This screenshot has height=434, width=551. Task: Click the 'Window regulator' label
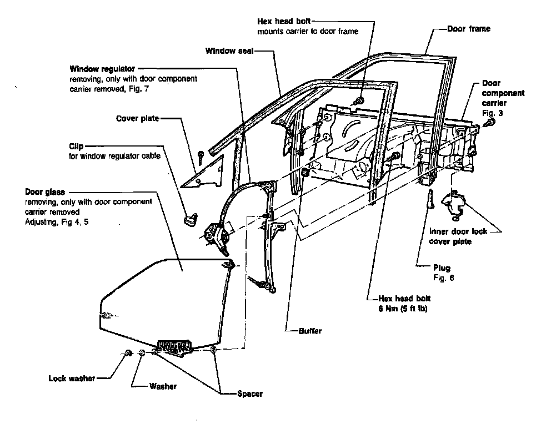coord(102,69)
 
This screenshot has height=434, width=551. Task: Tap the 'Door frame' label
coord(469,28)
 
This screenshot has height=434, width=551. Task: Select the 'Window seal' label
coord(229,51)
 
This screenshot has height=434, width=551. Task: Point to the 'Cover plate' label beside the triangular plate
coord(138,119)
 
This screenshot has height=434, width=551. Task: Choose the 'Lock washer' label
coord(72,379)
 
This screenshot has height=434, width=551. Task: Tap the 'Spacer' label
coord(249,394)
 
